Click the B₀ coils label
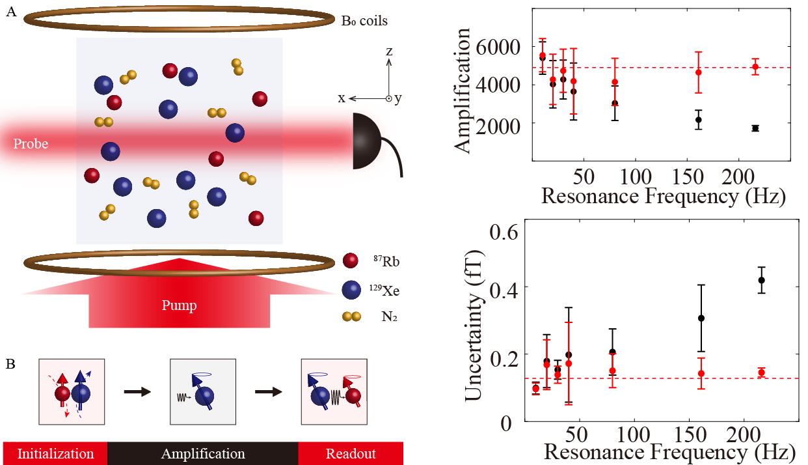(364, 21)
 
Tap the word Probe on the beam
(31, 143)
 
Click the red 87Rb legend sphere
(351, 262)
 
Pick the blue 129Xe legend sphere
(351, 289)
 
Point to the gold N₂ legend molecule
(351, 317)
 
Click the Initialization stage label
(55, 453)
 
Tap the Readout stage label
(351, 453)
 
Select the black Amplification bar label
(203, 453)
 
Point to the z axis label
(388, 51)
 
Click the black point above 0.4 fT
(761, 280)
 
